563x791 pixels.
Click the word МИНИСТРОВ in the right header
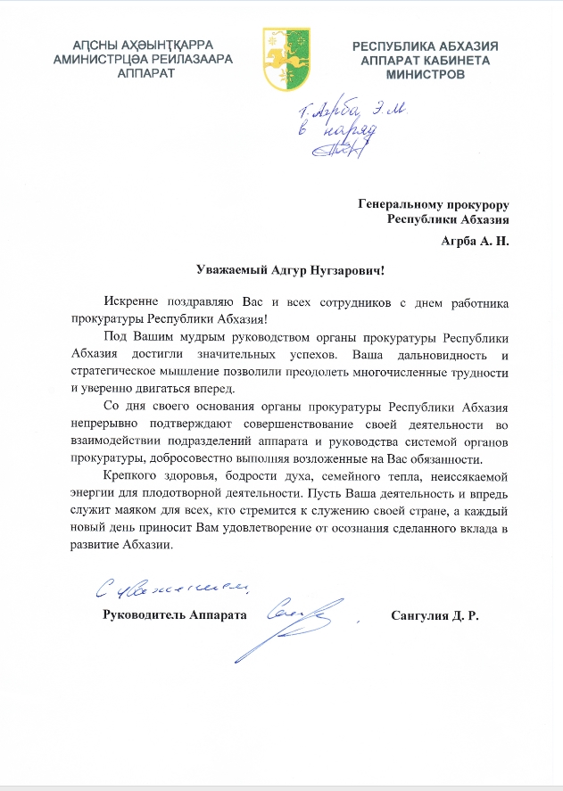click(x=425, y=76)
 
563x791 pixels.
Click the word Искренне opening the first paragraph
click(x=129, y=303)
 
